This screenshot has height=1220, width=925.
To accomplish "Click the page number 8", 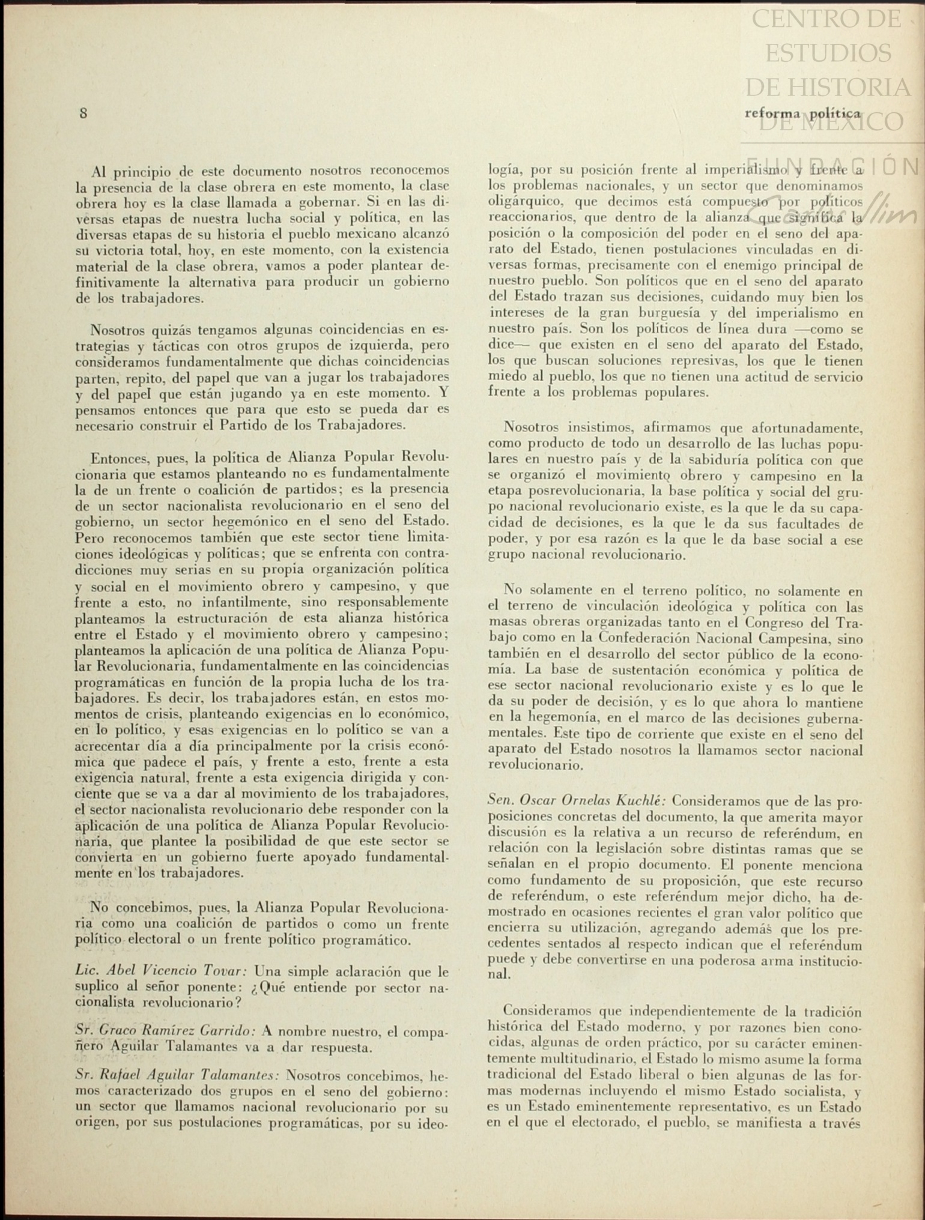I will [x=83, y=113].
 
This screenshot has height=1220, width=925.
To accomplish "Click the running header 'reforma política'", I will [x=802, y=113].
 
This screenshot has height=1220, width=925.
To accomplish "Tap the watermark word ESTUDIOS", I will [x=828, y=53].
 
